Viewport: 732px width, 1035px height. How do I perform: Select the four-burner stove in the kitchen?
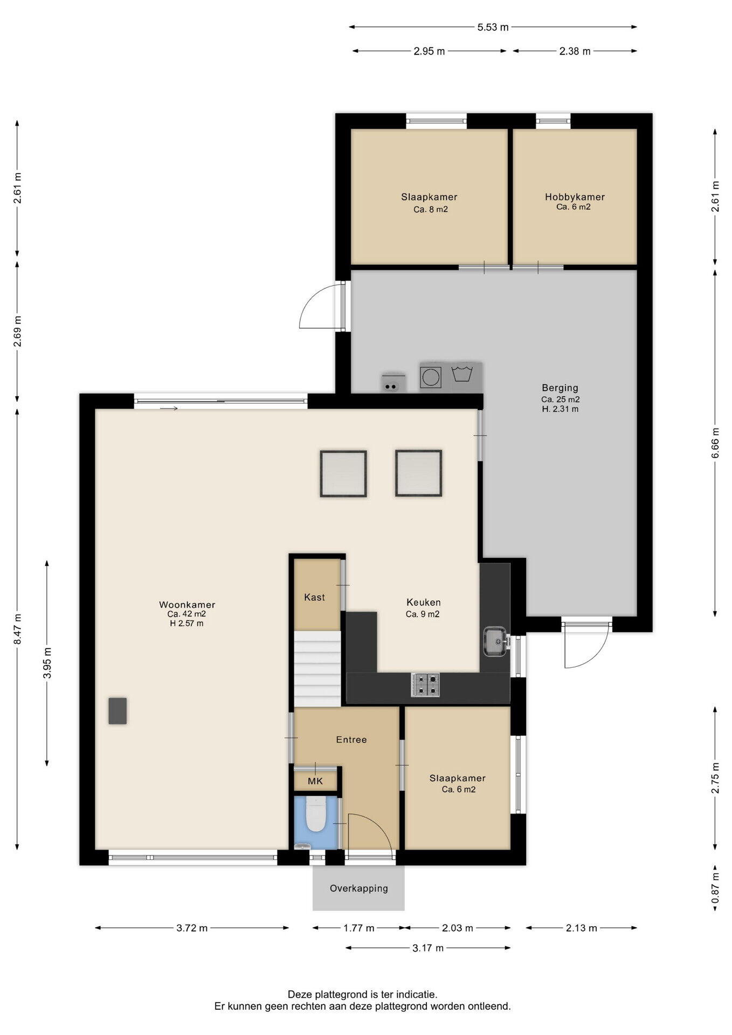(425, 685)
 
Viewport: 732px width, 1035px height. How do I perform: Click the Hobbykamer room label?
(575, 197)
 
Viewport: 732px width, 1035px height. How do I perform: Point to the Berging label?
(560, 388)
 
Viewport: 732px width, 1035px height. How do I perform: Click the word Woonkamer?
(187, 605)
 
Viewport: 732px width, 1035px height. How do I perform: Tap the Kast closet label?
(314, 597)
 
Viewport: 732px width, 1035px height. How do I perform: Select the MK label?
(315, 781)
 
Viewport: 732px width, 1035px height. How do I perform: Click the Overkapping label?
(359, 888)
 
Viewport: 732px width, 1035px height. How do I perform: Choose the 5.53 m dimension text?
(493, 27)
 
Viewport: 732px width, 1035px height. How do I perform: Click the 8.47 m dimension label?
(18, 629)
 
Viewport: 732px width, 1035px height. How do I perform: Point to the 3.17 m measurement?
(428, 948)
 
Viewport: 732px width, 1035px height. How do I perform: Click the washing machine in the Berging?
(431, 377)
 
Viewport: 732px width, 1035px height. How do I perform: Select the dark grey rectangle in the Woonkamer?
(118, 710)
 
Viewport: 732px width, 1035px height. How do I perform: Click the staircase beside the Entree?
(317, 668)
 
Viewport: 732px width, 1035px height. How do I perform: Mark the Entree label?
(351, 740)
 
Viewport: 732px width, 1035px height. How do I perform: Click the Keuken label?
(424, 602)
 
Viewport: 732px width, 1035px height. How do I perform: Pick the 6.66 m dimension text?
(715, 443)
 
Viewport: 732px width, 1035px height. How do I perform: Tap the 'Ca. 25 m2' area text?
(561, 399)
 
